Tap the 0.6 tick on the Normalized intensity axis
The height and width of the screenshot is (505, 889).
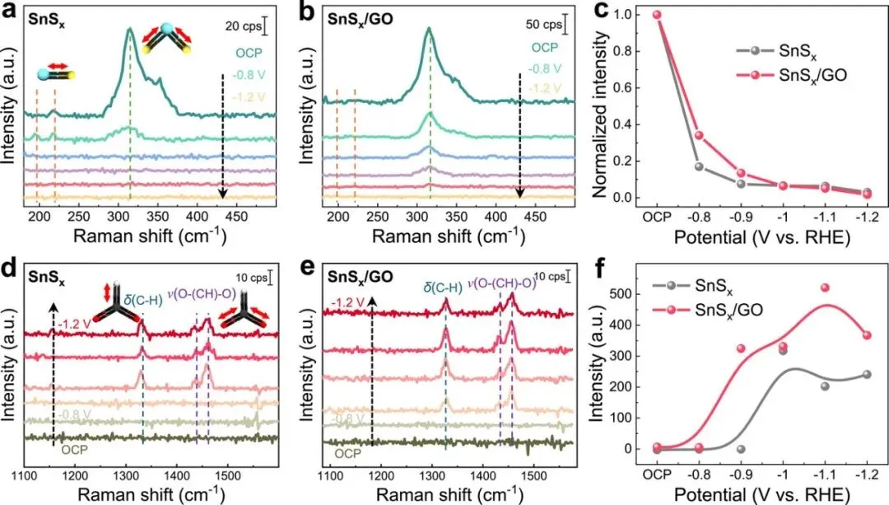click(626, 87)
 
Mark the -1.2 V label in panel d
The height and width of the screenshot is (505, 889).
click(73, 323)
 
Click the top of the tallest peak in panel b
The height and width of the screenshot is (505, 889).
click(428, 30)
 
